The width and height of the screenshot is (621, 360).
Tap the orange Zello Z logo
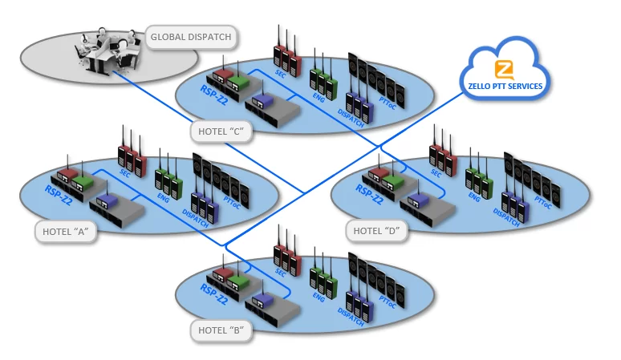[504, 68]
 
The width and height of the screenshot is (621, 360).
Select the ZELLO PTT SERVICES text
[504, 86]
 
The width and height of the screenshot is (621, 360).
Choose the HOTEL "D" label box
[376, 231]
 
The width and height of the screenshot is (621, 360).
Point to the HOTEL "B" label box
[221, 330]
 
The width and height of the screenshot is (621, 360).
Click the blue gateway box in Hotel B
[262, 301]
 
